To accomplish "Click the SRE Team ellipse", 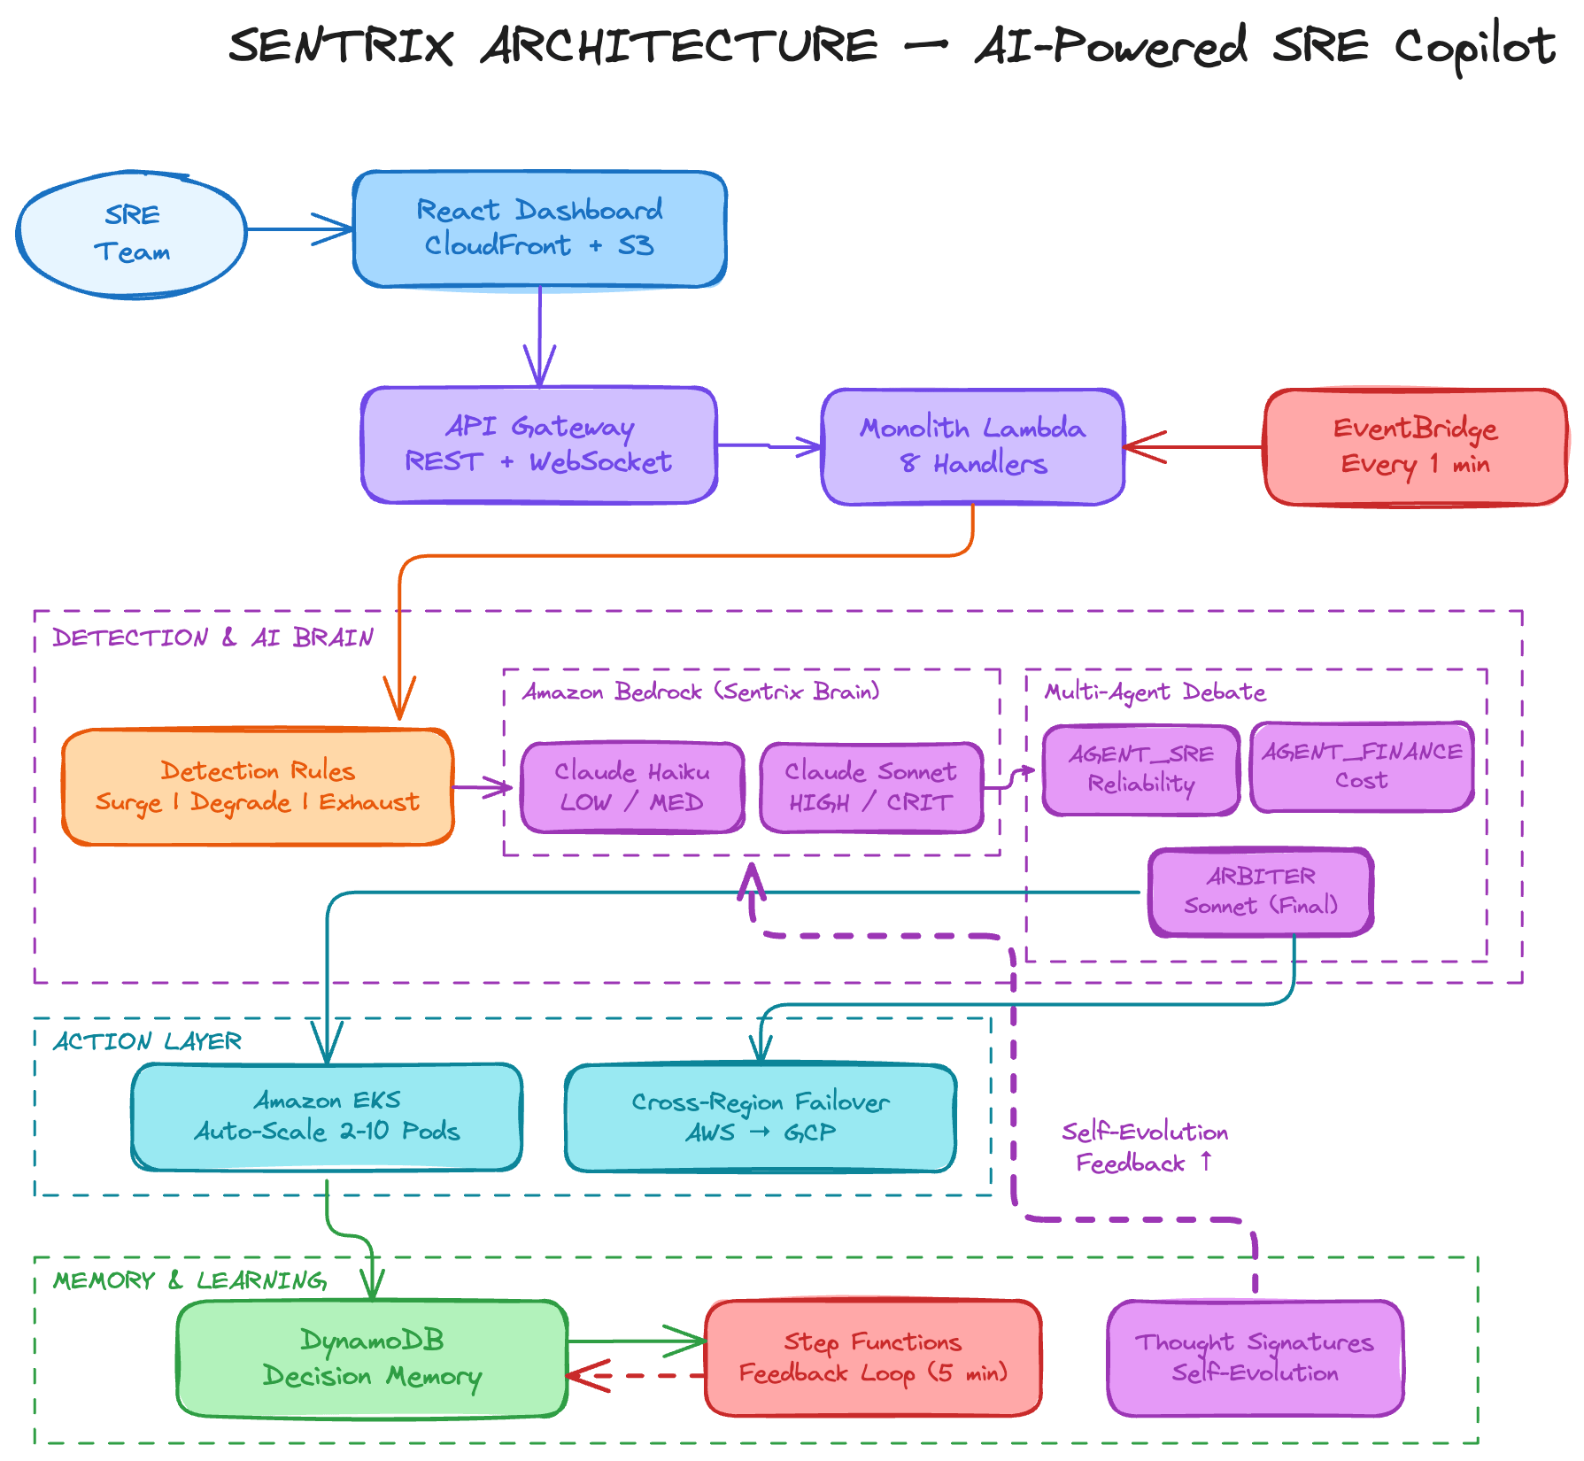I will (131, 234).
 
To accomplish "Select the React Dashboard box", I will (539, 229).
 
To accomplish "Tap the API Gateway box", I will (538, 444).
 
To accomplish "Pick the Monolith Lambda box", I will (972, 446).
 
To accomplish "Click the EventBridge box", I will (1415, 447).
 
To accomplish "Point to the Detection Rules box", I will (258, 786).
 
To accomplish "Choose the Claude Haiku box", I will (632, 787).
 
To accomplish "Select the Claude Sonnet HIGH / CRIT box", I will (871, 787).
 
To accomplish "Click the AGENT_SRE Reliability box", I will (1140, 769).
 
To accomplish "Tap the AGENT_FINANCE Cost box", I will (1362, 766).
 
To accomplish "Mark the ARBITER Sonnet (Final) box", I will (1261, 892).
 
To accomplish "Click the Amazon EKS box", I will (327, 1117).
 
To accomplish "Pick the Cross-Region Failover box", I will (760, 1117).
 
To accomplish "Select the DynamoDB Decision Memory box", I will (372, 1358).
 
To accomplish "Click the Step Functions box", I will (873, 1357).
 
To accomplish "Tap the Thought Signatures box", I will (1255, 1357).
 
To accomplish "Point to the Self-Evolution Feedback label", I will (1144, 1148).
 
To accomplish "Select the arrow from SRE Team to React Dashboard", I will (299, 229).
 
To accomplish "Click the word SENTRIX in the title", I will (341, 46).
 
